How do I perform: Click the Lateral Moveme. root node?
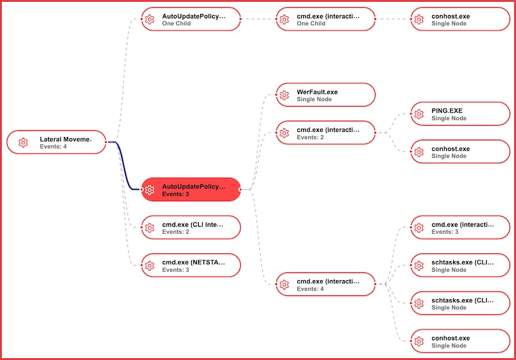57,142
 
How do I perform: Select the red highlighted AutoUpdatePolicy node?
191,189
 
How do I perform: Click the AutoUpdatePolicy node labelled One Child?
191,19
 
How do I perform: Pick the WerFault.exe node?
326,95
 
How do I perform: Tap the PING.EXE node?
460,114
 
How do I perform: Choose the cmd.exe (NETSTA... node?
191,265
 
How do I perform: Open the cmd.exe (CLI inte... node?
191,227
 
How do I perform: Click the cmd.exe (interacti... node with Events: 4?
326,284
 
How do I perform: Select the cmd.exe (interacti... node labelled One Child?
326,19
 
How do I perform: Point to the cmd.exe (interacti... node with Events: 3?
460,227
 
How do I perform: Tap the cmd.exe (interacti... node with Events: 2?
326,133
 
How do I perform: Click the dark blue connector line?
125,166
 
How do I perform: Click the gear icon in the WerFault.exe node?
284,95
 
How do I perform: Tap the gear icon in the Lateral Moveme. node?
23,142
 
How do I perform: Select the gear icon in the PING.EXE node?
419,114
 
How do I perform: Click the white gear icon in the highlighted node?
150,190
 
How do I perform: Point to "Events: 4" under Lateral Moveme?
53,146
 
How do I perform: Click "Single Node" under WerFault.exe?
315,99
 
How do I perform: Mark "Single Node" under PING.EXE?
449,118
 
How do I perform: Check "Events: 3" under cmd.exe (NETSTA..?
176,270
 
